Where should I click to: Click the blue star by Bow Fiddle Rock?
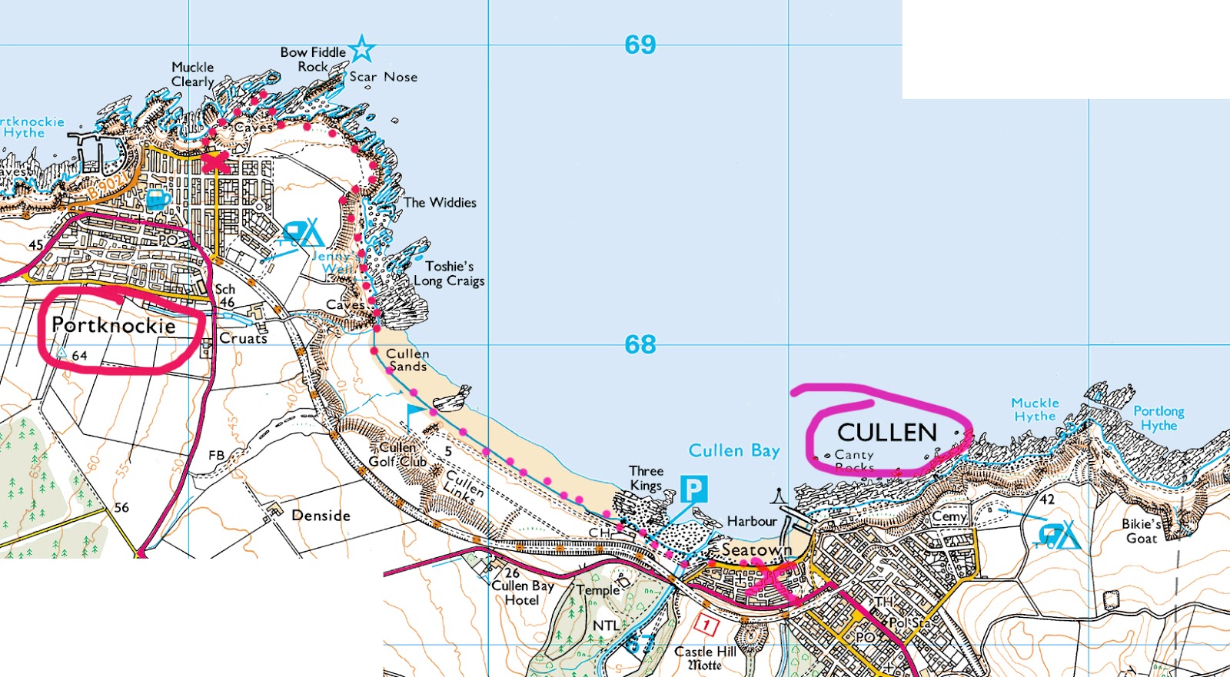click(361, 49)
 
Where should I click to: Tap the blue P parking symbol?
click(693, 489)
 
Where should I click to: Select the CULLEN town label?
click(887, 433)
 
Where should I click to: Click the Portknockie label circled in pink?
click(114, 326)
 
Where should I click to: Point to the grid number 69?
click(640, 45)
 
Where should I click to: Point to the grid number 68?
click(640, 344)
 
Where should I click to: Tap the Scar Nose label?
click(383, 77)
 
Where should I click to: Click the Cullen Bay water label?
click(734, 450)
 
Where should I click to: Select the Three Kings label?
click(646, 477)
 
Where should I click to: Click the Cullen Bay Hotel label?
click(522, 592)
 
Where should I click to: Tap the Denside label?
click(321, 516)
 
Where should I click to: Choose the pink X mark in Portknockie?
click(215, 162)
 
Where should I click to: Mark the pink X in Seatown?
click(771, 582)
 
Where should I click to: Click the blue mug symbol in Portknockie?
click(158, 200)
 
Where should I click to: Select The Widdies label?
click(440, 203)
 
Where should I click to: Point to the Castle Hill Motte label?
click(704, 658)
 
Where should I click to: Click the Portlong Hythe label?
click(1159, 418)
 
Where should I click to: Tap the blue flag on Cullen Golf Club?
click(414, 413)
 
